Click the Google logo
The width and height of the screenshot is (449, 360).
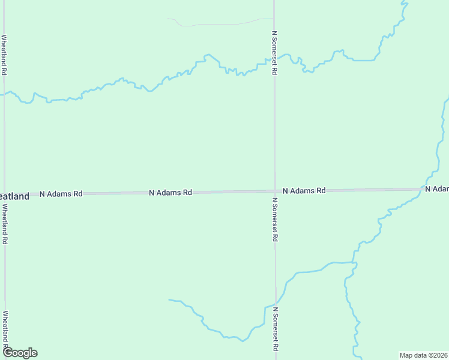pyautogui.click(x=20, y=353)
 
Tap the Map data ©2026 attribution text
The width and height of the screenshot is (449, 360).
pyautogui.click(x=423, y=355)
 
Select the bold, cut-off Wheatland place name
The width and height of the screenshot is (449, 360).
pyautogui.click(x=14, y=196)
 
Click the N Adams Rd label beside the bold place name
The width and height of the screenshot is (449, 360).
pyautogui.click(x=61, y=194)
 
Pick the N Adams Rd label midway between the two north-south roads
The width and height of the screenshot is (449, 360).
pyautogui.click(x=170, y=193)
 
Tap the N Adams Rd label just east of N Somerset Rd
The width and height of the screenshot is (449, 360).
pyautogui.click(x=304, y=190)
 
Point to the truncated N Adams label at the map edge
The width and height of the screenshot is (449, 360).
pyautogui.click(x=437, y=189)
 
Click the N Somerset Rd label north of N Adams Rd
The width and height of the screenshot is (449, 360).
pyautogui.click(x=274, y=53)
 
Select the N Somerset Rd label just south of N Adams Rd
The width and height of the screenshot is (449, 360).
pyautogui.click(x=275, y=219)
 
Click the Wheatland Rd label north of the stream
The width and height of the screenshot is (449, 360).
pyautogui.click(x=4, y=55)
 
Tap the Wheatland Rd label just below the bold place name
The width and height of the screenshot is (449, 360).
pyautogui.click(x=5, y=223)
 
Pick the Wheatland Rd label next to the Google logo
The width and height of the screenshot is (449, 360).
pyautogui.click(x=5, y=329)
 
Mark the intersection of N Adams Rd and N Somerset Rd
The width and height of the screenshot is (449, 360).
pyautogui.click(x=275, y=191)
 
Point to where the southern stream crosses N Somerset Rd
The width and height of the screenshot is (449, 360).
pyautogui.click(x=276, y=304)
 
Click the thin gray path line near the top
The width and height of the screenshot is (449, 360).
pyautogui.click(x=210, y=25)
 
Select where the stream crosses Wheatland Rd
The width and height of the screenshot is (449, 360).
pyautogui.click(x=5, y=94)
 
